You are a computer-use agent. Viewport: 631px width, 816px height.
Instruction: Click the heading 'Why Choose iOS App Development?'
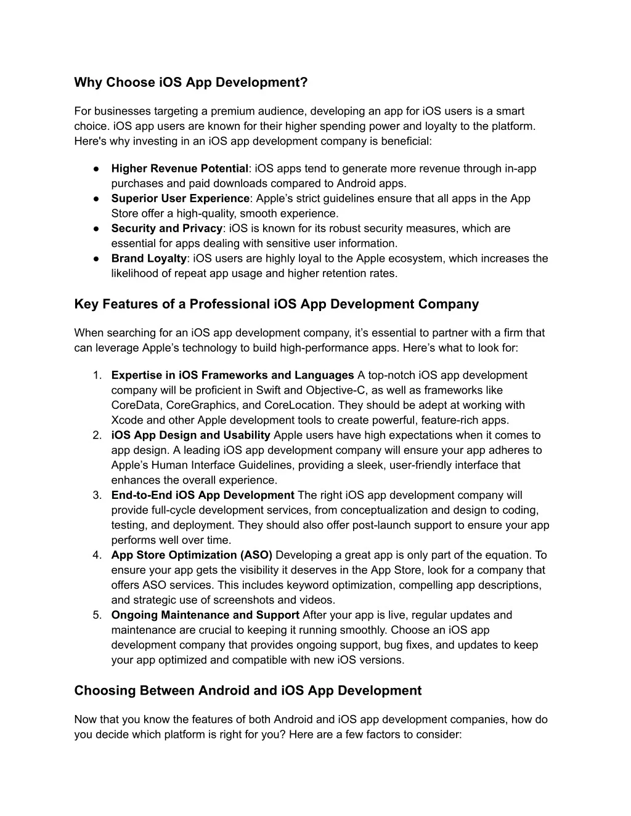[x=190, y=82]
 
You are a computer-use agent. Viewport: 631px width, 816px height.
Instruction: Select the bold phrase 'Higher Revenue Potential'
[x=179, y=169]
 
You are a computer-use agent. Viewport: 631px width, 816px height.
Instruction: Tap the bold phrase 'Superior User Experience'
[x=180, y=198]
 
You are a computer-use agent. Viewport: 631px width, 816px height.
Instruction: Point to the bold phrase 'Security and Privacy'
[x=166, y=228]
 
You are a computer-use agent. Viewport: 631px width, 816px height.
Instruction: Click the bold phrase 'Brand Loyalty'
[x=149, y=259]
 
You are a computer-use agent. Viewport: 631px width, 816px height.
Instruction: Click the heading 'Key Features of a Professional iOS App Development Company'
[x=276, y=304]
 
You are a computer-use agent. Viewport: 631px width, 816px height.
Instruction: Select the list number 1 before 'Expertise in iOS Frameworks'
[x=97, y=376]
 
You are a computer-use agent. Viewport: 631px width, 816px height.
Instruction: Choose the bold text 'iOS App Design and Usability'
[x=190, y=435]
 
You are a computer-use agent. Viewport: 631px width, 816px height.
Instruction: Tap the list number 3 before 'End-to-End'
[x=97, y=495]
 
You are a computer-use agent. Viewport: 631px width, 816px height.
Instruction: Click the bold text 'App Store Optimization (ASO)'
[x=192, y=555]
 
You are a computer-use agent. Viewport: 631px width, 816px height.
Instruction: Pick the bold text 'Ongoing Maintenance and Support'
[x=205, y=615]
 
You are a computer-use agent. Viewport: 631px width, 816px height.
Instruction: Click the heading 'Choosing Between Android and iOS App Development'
[x=248, y=690]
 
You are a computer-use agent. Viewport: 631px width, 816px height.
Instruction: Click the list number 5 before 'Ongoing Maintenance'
[x=97, y=615]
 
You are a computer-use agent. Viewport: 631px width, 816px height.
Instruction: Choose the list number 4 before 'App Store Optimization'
[x=97, y=555]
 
